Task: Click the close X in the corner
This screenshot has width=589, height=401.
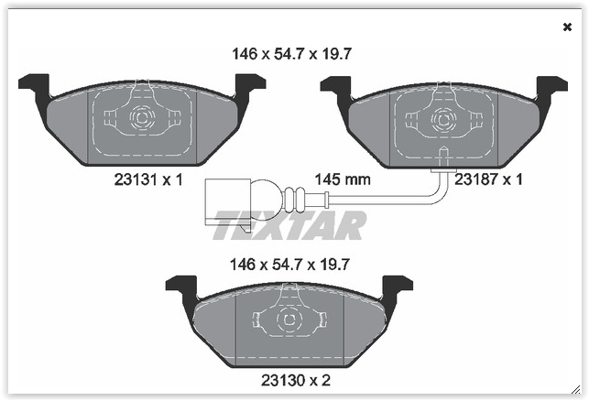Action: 567,27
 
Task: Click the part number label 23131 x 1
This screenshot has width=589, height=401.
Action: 147,180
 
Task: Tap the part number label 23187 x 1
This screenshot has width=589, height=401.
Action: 488,180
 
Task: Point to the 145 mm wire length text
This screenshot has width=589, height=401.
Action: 342,180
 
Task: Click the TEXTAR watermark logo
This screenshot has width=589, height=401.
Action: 289,225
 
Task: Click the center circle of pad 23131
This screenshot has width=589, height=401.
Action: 141,118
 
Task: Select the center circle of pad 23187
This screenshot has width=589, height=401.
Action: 443,118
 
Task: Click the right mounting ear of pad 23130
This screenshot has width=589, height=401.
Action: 397,286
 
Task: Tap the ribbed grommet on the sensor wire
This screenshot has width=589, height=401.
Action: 295,198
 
